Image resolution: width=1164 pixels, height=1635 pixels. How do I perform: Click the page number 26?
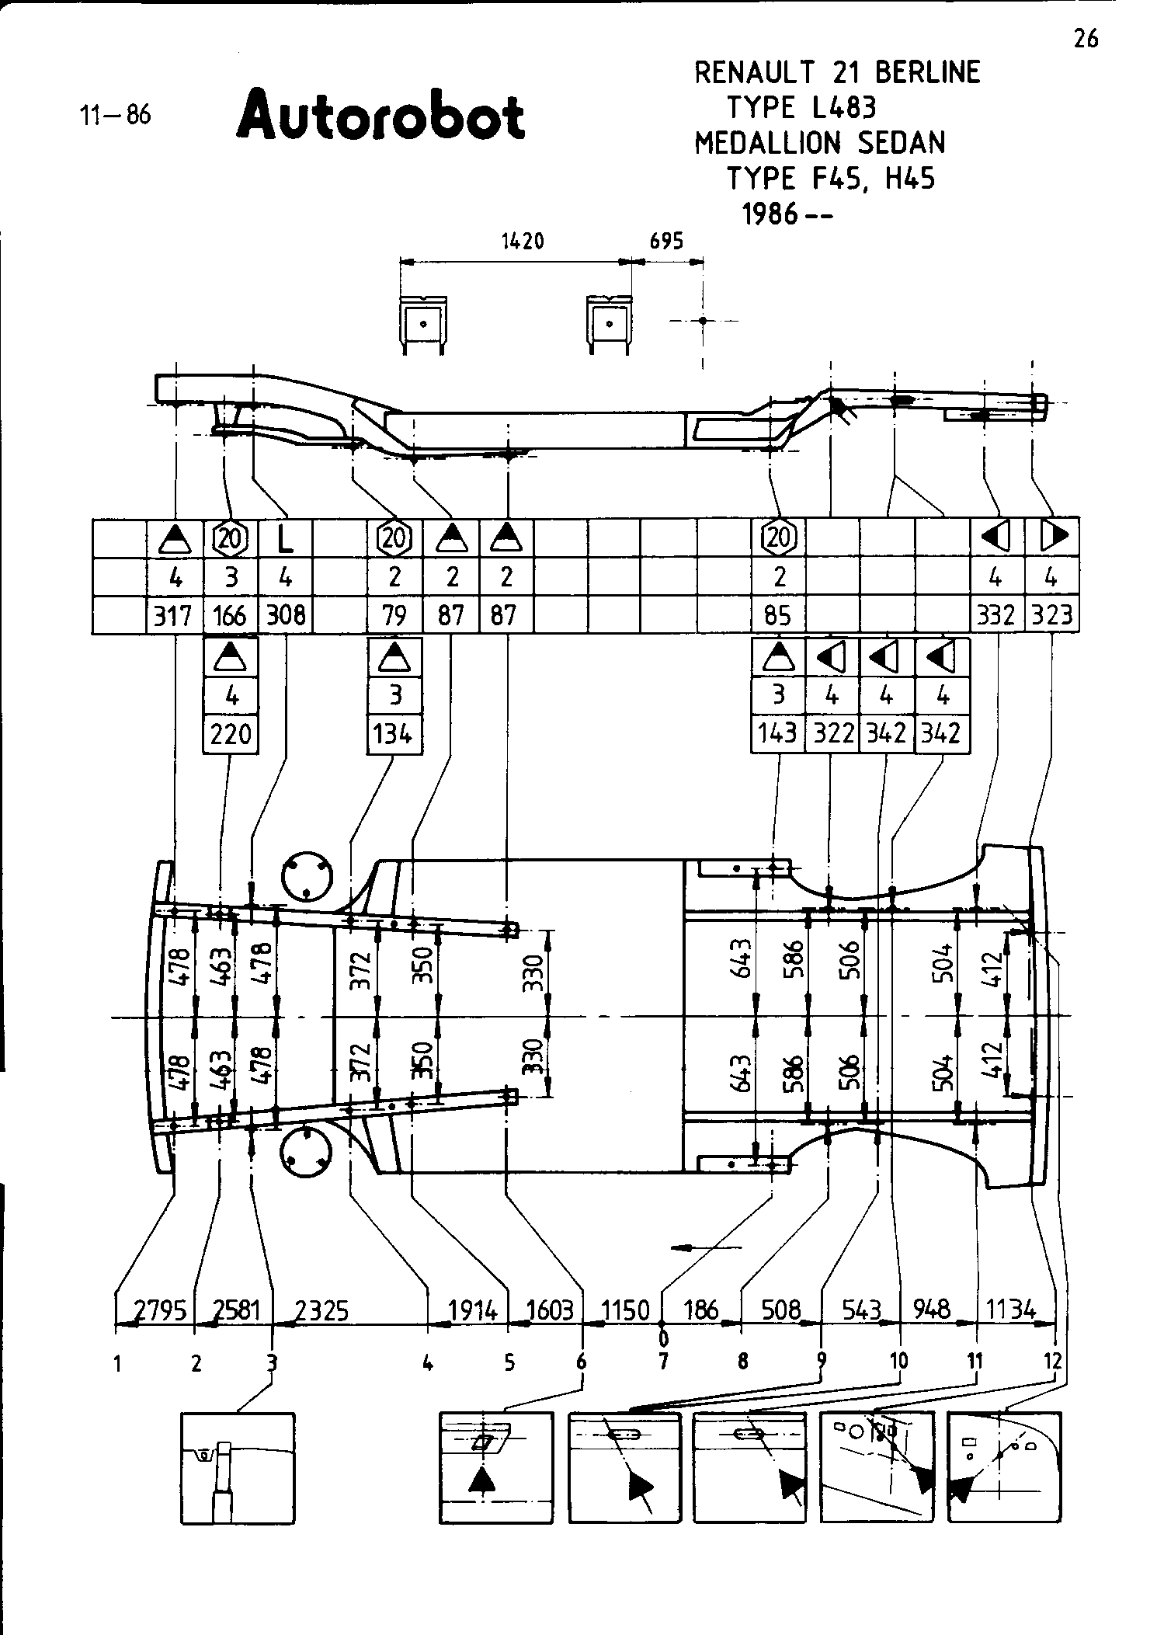coord(1086,38)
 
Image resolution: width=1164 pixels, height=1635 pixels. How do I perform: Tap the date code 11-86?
coord(115,116)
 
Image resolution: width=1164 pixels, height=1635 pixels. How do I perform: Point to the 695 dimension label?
coord(666,242)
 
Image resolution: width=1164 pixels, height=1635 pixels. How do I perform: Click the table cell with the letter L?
coord(286,537)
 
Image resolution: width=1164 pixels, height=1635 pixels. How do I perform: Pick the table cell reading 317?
coord(173,616)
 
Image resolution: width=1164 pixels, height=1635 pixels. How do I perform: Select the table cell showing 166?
coord(230,616)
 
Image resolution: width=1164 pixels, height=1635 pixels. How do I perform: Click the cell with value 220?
coord(231,733)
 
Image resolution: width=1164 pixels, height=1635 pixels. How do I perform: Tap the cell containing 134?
coord(394,733)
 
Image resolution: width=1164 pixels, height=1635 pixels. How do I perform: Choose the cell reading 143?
coord(778,733)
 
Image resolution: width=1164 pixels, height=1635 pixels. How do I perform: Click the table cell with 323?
coord(1052,616)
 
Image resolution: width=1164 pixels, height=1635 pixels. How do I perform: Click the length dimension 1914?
coord(473,1311)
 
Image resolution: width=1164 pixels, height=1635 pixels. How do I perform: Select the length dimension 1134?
coord(1011,1311)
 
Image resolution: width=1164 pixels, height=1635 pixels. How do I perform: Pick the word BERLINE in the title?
coord(928,72)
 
